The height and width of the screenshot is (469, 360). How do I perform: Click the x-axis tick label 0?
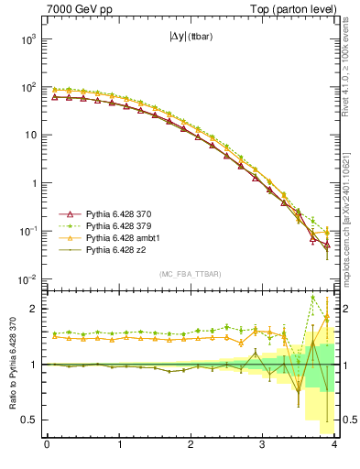click(47, 445)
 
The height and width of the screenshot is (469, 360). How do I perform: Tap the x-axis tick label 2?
click(191, 445)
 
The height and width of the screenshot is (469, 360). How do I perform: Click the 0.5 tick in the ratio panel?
click(29, 420)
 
